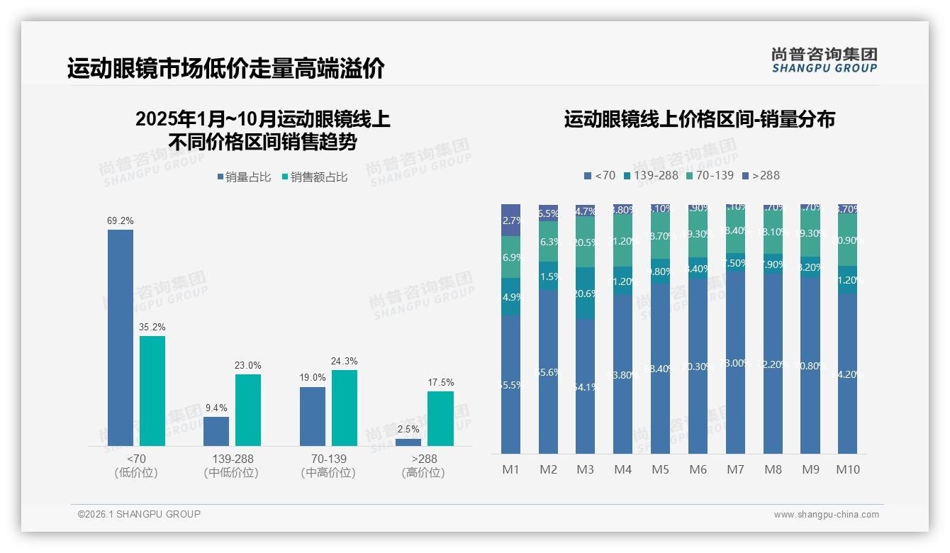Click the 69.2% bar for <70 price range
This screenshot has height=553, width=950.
(x=121, y=337)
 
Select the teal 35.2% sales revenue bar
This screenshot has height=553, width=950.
(x=152, y=391)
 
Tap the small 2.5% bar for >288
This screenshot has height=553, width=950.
(x=408, y=442)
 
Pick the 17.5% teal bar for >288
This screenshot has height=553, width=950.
(x=440, y=418)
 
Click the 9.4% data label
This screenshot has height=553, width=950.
(x=216, y=408)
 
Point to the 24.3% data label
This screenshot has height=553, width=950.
(x=344, y=361)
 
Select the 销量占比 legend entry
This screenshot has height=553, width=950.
(x=244, y=177)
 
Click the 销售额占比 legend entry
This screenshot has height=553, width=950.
(x=315, y=177)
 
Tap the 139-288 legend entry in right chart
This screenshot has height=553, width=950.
(x=651, y=175)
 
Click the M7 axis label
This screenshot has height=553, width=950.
(x=736, y=469)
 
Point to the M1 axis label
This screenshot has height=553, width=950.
(x=511, y=469)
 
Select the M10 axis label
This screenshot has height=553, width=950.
(x=848, y=469)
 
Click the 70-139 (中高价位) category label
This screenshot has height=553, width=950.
(x=328, y=466)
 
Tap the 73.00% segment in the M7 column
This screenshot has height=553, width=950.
(x=736, y=362)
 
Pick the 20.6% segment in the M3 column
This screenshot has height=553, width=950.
(x=586, y=293)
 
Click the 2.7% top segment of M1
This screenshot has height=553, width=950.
(x=511, y=220)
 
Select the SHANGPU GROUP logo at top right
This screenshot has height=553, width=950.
(x=824, y=60)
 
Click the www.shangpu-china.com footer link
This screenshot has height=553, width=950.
(x=826, y=515)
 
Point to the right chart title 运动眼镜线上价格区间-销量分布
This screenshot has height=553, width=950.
(x=699, y=119)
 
